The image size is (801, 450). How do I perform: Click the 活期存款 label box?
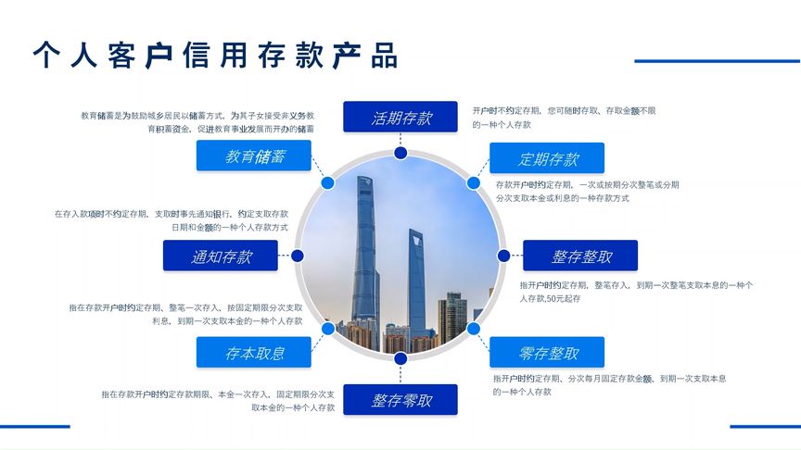400,118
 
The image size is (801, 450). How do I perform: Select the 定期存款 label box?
547,158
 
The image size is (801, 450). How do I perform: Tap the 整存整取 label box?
580,256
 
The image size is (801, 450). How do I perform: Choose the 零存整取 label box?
547,353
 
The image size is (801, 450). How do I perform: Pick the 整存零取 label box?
400,400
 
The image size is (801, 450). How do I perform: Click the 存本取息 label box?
254,353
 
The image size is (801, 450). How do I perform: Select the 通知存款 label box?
221,256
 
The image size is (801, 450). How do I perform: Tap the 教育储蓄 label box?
254,156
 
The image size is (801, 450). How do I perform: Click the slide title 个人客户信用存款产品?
215,56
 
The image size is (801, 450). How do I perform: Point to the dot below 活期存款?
400,153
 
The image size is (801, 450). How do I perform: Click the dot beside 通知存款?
298,256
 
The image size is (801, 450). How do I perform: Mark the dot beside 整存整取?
503,256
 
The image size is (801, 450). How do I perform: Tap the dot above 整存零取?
400,358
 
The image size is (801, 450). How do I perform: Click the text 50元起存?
564,299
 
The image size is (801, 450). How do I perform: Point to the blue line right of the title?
717,61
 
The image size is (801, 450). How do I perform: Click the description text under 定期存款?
588,192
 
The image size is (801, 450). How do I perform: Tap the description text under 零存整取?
609,385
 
